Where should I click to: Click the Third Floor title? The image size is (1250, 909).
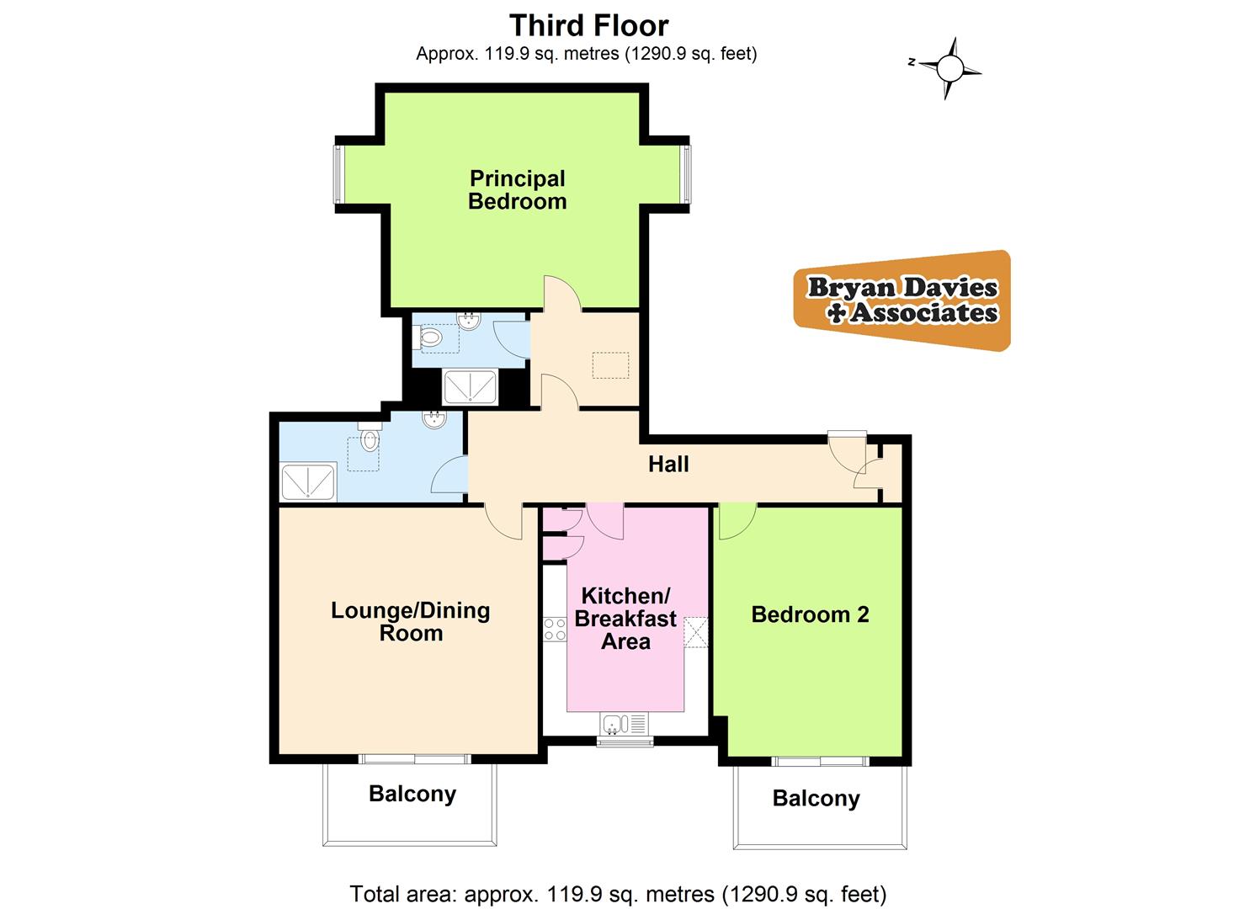(x=588, y=25)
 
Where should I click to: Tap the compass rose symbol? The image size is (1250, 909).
(x=949, y=67)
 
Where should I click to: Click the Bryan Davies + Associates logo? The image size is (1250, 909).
(x=902, y=300)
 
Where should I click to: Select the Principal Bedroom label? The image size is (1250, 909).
(x=517, y=190)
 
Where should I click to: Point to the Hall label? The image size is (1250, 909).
(x=668, y=464)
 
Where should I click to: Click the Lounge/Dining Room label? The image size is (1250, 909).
(x=410, y=622)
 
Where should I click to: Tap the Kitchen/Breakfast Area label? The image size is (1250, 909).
(x=625, y=619)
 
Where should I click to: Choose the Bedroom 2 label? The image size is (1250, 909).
(x=810, y=614)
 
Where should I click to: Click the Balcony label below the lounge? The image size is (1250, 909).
(x=412, y=794)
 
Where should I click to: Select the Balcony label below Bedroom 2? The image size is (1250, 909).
(x=816, y=799)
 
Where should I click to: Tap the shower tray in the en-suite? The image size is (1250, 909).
(x=470, y=387)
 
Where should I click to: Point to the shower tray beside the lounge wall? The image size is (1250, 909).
(x=308, y=482)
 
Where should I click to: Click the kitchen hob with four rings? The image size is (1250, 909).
(x=555, y=629)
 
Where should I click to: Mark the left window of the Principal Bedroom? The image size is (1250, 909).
(x=338, y=174)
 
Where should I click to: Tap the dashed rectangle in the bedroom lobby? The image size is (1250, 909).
(x=610, y=366)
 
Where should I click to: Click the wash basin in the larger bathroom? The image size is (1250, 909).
(x=434, y=419)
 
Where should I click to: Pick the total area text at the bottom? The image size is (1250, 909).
(x=618, y=893)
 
